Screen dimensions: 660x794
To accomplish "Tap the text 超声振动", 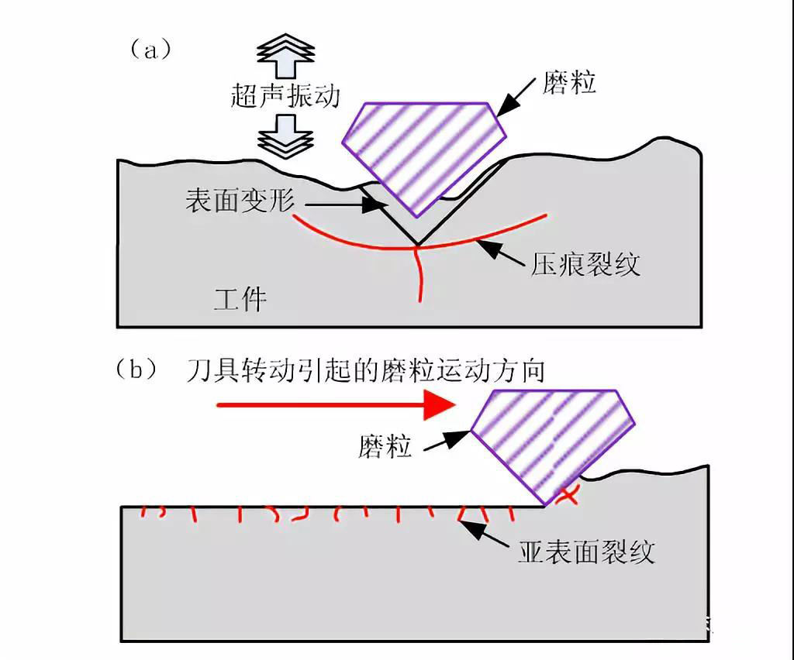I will (285, 95).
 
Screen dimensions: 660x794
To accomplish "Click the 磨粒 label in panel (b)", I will (385, 446).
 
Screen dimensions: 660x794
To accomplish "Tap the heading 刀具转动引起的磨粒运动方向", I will (365, 371).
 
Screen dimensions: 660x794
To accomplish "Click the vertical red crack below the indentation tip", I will (419, 274).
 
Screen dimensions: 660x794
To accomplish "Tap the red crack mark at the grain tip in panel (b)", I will (570, 494).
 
